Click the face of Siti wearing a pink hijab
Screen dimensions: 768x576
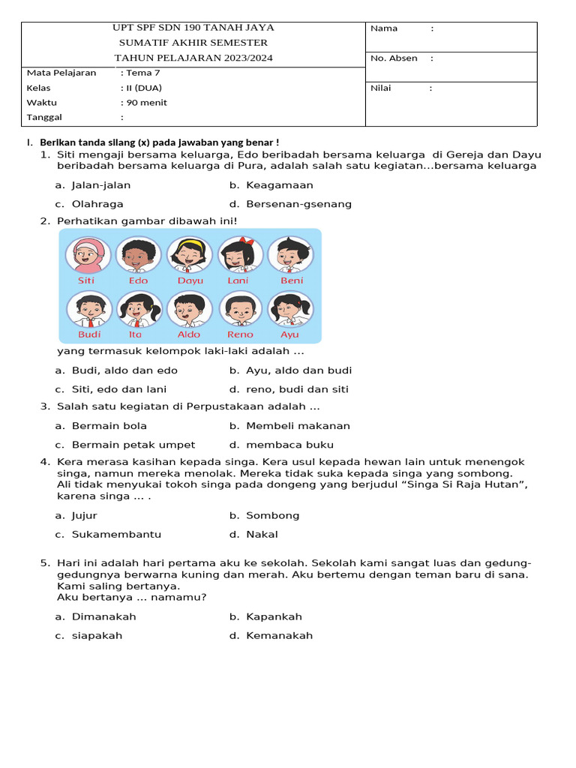pyautogui.click(x=88, y=255)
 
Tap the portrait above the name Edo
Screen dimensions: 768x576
pyautogui.click(x=138, y=255)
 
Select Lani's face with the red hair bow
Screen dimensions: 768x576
pyautogui.click(x=240, y=255)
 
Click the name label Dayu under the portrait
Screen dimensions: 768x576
pyautogui.click(x=190, y=280)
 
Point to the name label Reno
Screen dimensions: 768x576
pyautogui.click(x=240, y=334)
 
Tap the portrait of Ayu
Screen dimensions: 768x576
pyautogui.click(x=289, y=308)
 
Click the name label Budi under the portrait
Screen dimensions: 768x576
pyautogui.click(x=89, y=334)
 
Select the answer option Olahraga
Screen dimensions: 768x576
pyautogui.click(x=97, y=204)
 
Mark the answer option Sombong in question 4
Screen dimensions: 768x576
pyautogui.click(x=272, y=516)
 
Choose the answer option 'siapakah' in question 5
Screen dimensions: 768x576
pyautogui.click(x=97, y=636)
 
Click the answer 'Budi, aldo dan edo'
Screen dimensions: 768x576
pyautogui.click(x=124, y=370)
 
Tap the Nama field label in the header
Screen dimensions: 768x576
pyautogui.click(x=384, y=28)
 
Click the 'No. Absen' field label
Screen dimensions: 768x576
pyautogui.click(x=394, y=58)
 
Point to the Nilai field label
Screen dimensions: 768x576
pyautogui.click(x=382, y=88)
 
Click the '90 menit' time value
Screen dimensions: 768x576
pyautogui.click(x=146, y=103)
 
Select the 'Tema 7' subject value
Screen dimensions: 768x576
pyautogui.click(x=142, y=73)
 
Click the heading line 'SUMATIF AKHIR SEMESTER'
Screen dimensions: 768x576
pyautogui.click(x=193, y=43)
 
